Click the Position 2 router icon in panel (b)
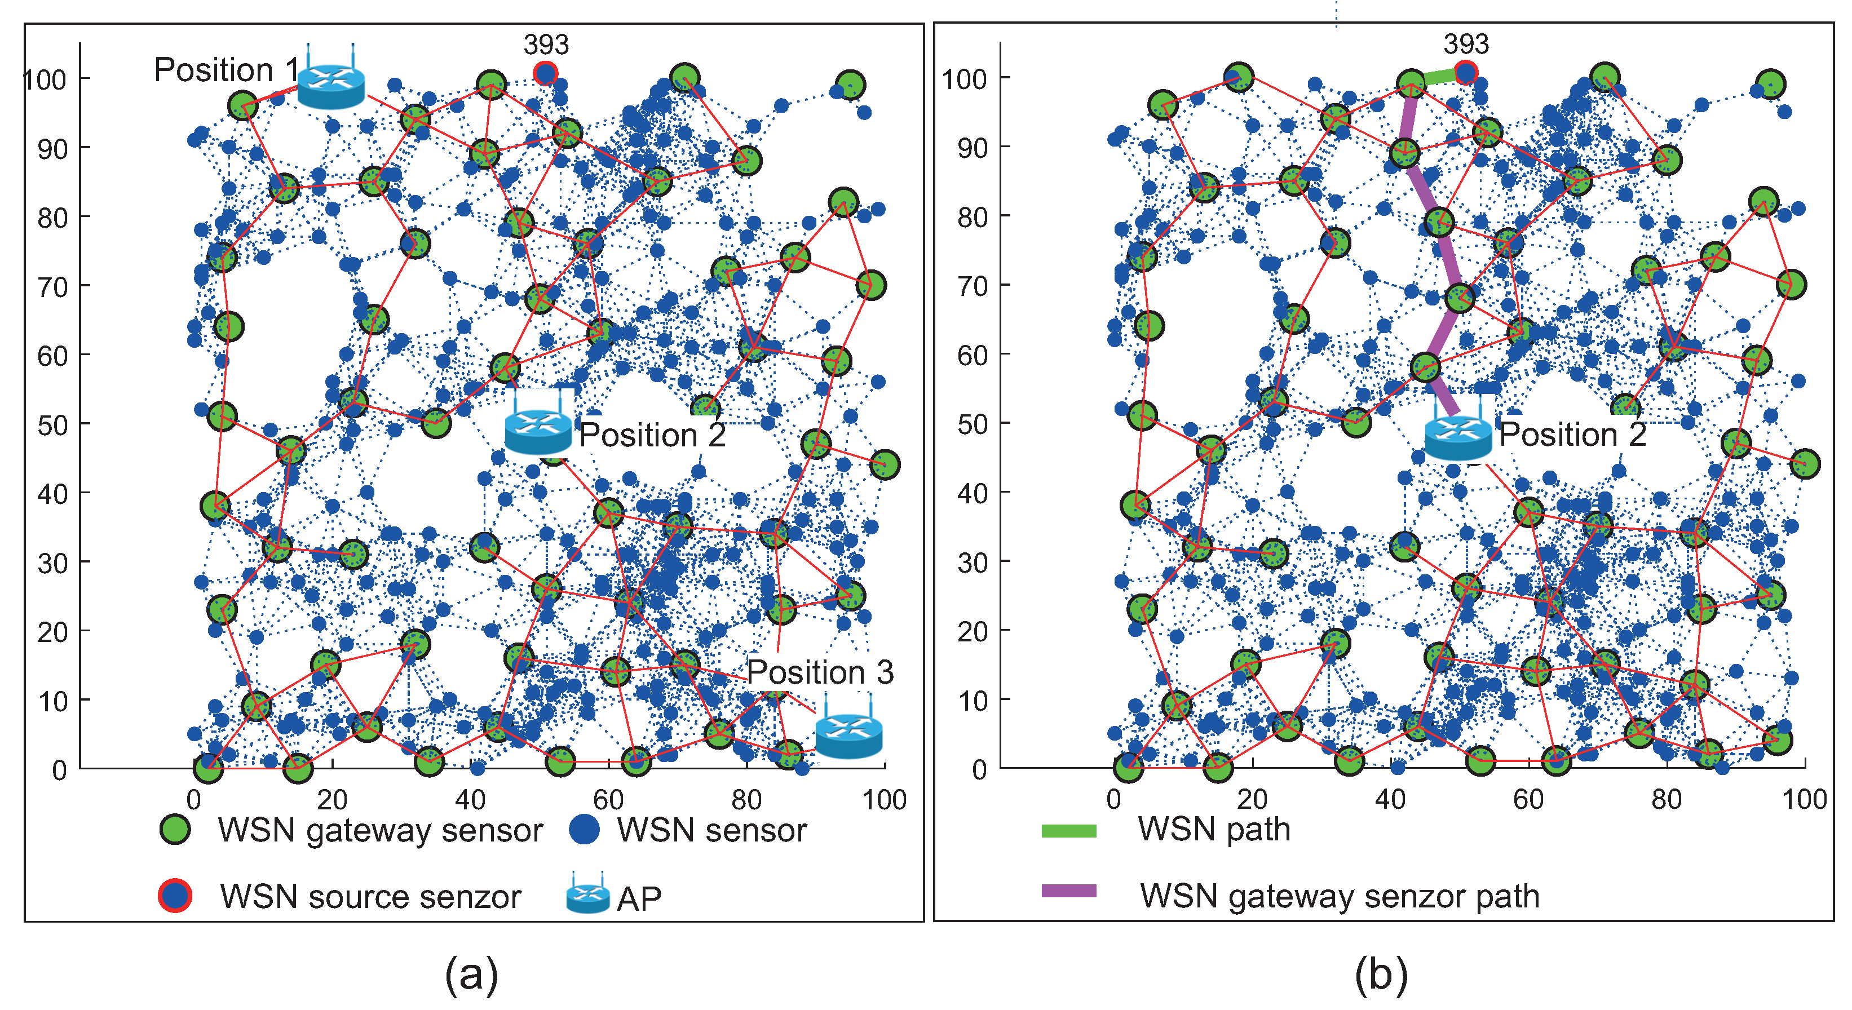coord(1458,436)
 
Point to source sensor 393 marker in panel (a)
coord(546,73)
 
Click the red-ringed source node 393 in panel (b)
coord(1466,72)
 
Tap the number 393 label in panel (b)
coord(1466,45)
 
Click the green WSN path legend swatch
coord(1069,831)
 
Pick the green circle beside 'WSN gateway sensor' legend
coord(175,829)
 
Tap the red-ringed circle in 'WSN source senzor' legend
coord(175,896)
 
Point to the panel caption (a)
coord(472,975)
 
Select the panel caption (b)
coord(1381,975)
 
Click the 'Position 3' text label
coord(820,672)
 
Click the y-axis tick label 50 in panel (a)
coord(52,425)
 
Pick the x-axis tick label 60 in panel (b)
coord(1528,799)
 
